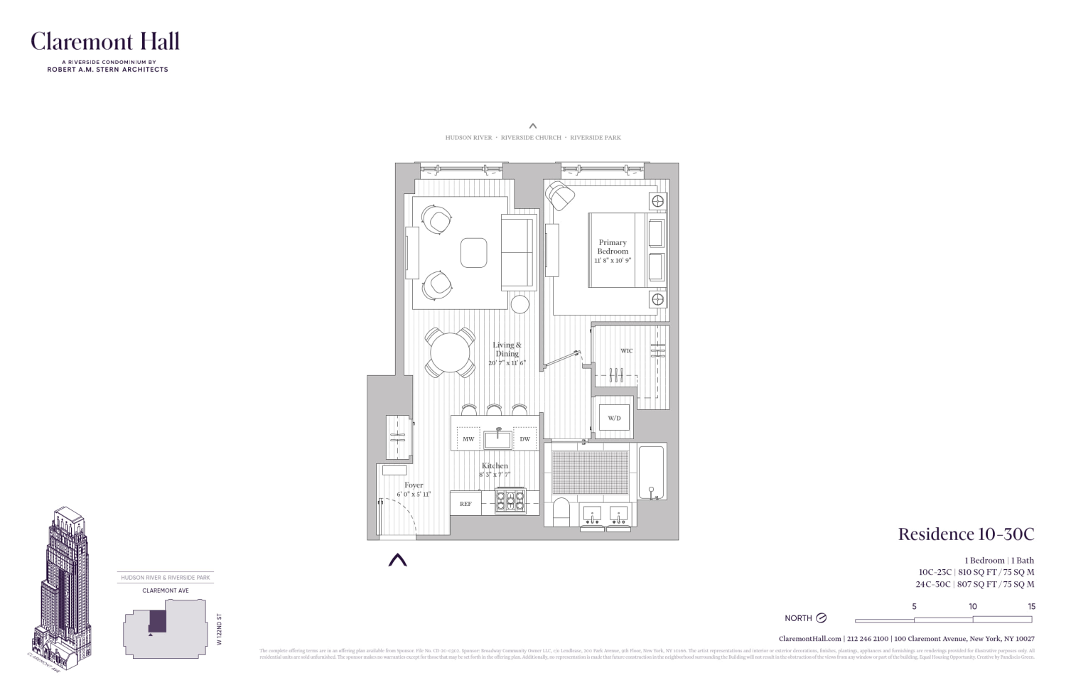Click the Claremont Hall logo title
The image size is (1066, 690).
pyautogui.click(x=105, y=41)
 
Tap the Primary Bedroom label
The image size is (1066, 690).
pyautogui.click(x=613, y=247)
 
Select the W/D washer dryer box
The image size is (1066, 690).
pyautogui.click(x=614, y=418)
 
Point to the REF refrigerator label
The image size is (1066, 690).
pyautogui.click(x=465, y=504)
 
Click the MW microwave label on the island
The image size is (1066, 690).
pyautogui.click(x=468, y=439)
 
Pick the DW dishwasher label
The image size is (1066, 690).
pyautogui.click(x=524, y=439)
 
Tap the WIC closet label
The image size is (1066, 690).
pyautogui.click(x=626, y=351)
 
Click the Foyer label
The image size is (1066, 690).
pyautogui.click(x=414, y=485)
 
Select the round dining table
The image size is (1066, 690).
pyautogui.click(x=451, y=352)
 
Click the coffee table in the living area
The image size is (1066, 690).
pyautogui.click(x=473, y=252)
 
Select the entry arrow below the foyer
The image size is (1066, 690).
pyautogui.click(x=397, y=560)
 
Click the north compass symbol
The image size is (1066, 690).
pyautogui.click(x=822, y=618)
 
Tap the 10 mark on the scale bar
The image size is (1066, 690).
pyautogui.click(x=972, y=607)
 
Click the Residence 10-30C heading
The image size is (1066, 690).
pyautogui.click(x=966, y=534)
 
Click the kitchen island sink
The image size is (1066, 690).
pyautogui.click(x=498, y=437)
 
